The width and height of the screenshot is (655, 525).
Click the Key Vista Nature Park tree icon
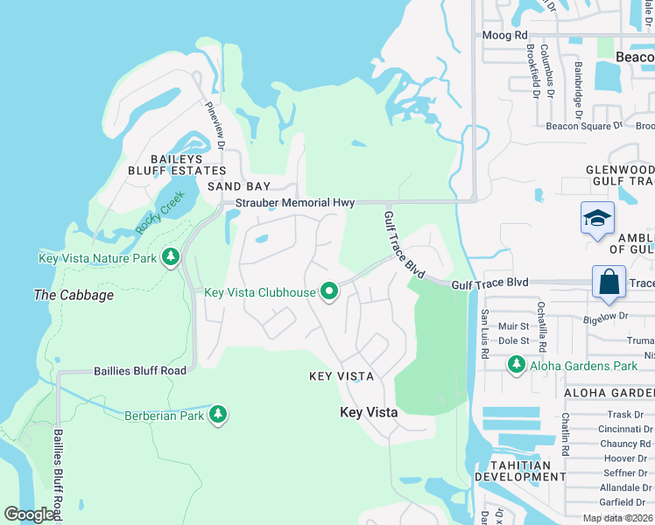170,257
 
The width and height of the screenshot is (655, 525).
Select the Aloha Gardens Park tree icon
517,364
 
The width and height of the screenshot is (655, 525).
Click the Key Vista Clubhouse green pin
328,291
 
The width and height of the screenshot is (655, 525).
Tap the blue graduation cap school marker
596,218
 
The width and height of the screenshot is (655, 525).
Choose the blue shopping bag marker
608,282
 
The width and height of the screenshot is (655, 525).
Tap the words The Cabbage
74,295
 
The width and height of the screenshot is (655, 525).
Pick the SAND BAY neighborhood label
239,186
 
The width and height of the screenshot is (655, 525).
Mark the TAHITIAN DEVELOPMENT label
520,471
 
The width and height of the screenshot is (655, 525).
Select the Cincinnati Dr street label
625,429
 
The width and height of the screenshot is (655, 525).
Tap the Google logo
30,514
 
